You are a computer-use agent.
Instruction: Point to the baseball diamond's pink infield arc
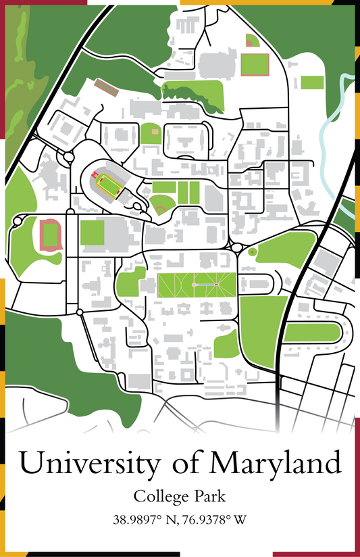pos(160,208)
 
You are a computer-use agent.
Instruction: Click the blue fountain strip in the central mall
pos(205,285)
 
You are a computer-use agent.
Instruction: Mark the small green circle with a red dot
pos(253,251)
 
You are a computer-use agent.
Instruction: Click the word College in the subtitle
pos(157,497)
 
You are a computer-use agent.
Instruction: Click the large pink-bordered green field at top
pos(255,63)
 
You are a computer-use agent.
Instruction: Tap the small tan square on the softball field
pos(155,130)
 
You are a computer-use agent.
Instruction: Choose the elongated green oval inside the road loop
pos(310,333)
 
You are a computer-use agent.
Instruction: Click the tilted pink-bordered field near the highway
pos(105,87)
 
